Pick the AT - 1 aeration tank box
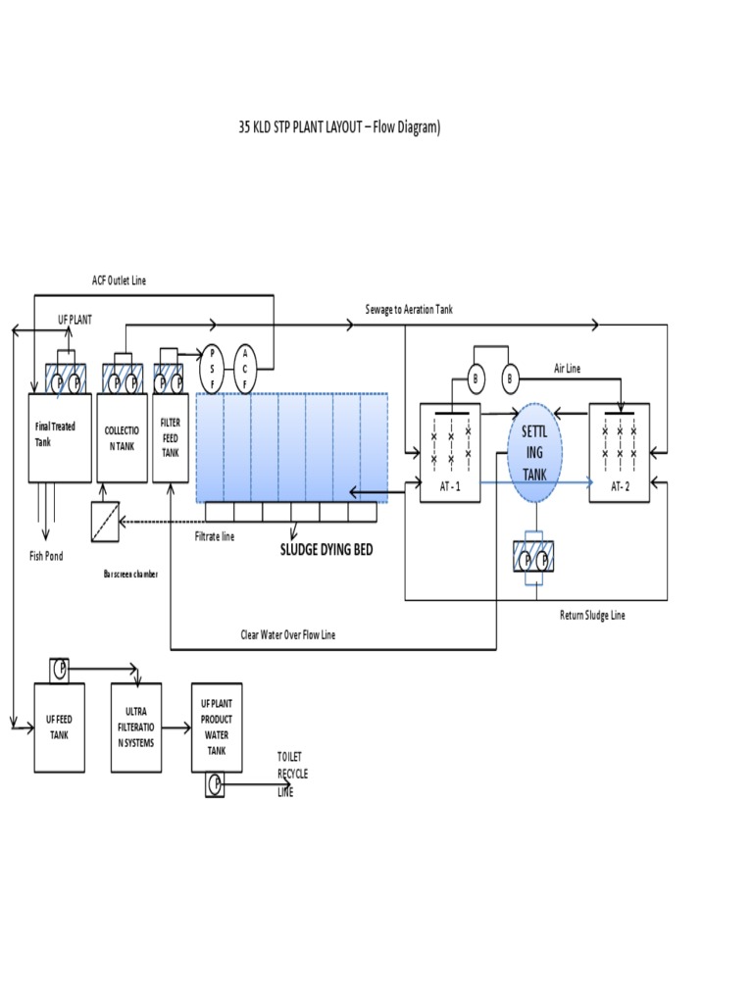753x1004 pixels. (451, 452)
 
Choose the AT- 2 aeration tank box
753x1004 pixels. (619, 452)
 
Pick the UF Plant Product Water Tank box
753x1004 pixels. (216, 727)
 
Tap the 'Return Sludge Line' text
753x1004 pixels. (591, 615)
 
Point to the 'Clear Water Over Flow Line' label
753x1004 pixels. (288, 635)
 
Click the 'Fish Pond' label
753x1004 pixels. (45, 556)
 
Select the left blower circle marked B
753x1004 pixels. (476, 378)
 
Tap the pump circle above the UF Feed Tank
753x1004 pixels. (59, 669)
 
